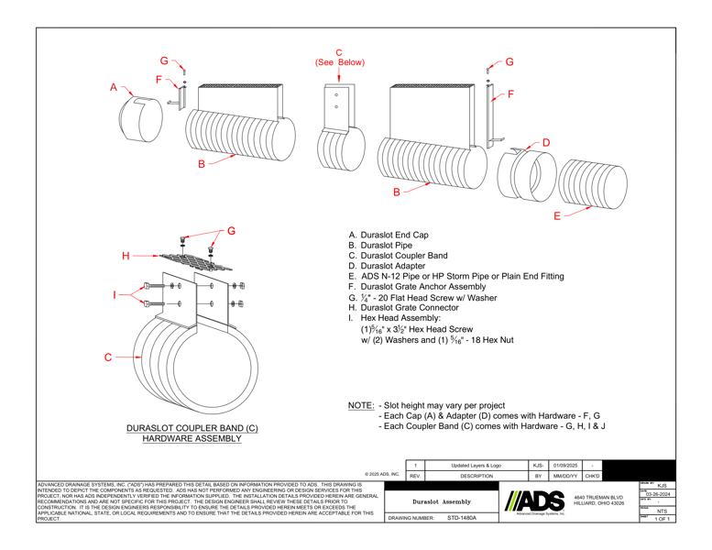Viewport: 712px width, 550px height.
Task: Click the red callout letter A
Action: click(115, 88)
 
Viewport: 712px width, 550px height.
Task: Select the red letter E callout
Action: click(557, 215)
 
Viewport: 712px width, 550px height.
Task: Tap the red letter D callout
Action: click(546, 143)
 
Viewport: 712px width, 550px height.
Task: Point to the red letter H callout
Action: click(125, 257)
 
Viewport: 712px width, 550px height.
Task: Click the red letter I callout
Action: click(114, 294)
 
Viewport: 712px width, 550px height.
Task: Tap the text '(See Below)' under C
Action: click(339, 63)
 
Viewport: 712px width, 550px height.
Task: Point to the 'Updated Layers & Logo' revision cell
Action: click(476, 466)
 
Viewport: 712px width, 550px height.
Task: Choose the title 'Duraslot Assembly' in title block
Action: click(443, 501)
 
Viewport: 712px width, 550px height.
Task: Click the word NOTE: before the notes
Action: click(361, 405)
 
